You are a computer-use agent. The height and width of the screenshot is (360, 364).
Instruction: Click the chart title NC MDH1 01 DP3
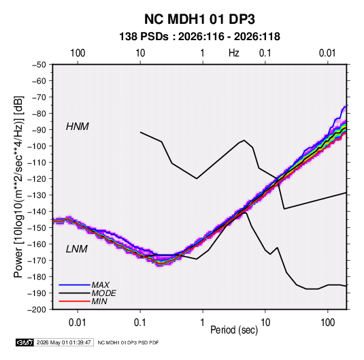pos(199,19)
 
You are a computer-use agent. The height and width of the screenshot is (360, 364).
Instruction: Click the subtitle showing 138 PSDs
pos(199,37)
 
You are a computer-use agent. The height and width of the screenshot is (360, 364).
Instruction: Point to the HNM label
pos(78,127)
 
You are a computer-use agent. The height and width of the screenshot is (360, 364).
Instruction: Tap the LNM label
pos(77,249)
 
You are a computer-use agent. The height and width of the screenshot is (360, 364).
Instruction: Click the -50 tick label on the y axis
pos(39,65)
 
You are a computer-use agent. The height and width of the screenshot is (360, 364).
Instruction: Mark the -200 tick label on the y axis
pos(37,310)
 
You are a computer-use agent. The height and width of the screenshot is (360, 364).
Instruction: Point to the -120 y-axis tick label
pos(37,179)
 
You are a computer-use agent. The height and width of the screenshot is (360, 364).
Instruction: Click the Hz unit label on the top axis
pos(234,53)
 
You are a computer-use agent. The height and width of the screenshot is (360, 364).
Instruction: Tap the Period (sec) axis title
pos(234,330)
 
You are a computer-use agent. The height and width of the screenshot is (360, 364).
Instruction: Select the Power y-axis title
pos(18,187)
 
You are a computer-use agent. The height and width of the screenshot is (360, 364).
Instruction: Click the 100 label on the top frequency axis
pos(78,53)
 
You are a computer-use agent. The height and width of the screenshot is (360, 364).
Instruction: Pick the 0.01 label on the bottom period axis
pos(78,323)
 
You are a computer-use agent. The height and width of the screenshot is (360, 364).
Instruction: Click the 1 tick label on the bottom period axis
pos(203,323)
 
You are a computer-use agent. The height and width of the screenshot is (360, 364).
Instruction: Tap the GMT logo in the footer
pos(25,342)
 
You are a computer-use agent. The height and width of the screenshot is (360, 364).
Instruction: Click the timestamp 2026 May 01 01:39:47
pos(63,342)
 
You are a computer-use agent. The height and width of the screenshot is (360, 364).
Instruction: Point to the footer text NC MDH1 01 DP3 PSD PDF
pos(128,342)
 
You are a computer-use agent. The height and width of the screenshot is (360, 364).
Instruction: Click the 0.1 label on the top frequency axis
pos(265,53)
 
